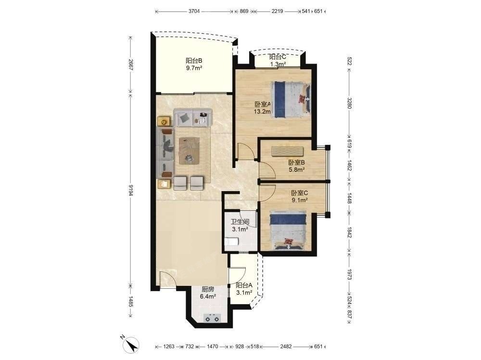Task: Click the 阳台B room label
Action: [194, 64]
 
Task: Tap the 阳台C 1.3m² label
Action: [278, 60]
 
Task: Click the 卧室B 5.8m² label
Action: [296, 166]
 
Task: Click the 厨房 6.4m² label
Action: [208, 293]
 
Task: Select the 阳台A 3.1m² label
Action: [244, 289]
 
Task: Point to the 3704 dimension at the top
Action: [194, 12]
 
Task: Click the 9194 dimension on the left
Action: [131, 190]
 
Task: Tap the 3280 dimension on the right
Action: [349, 103]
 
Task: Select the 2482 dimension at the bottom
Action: [286, 347]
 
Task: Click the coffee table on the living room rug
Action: [189, 151]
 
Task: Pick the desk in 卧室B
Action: [288, 152]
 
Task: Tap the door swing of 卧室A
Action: [245, 151]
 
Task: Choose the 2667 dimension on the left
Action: [131, 65]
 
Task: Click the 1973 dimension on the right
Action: [349, 274]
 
